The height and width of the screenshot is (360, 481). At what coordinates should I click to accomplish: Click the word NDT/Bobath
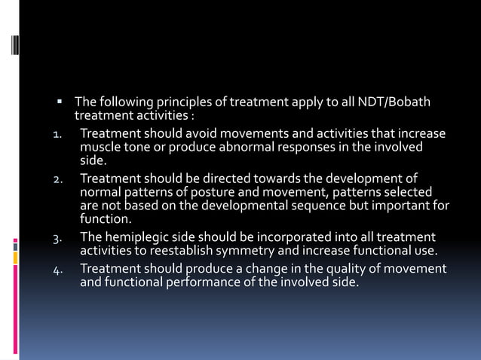[x=399, y=102]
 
